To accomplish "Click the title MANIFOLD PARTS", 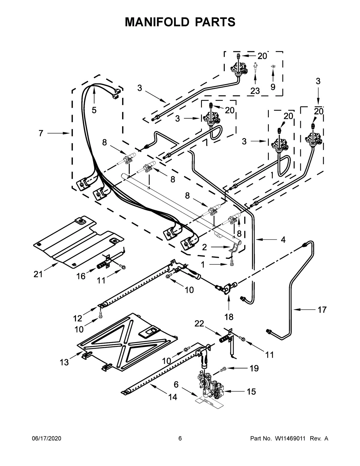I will (x=180, y=22).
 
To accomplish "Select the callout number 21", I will (x=38, y=274).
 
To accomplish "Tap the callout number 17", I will (x=322, y=310).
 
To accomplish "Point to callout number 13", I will (x=64, y=362).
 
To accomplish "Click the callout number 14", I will (x=172, y=397).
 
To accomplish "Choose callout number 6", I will (x=176, y=384).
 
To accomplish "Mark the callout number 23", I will (x=255, y=91).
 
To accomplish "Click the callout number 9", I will (x=273, y=87).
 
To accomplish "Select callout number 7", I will (x=41, y=133).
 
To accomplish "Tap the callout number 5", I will (x=94, y=110).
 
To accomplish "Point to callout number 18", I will (x=229, y=317).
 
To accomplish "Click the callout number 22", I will (x=199, y=323).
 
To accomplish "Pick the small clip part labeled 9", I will (x=273, y=66).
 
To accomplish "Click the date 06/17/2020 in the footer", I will (x=46, y=439).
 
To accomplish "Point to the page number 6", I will (x=180, y=439).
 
